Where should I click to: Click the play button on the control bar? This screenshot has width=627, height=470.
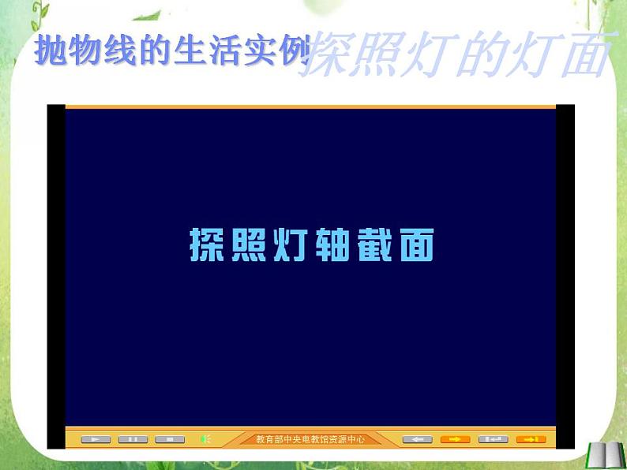tap(96, 439)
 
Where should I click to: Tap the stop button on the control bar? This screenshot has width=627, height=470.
tap(169, 439)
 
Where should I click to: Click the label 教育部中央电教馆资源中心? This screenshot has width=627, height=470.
tap(310, 439)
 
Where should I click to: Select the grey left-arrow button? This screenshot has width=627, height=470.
tap(418, 439)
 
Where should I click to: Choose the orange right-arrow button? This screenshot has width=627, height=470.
tap(455, 439)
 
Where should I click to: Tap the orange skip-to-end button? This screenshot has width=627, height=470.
tap(531, 439)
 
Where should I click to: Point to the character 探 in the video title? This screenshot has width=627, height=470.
tap(204, 245)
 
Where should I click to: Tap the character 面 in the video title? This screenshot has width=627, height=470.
tap(415, 245)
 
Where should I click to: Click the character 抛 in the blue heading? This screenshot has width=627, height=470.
tap(51, 51)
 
